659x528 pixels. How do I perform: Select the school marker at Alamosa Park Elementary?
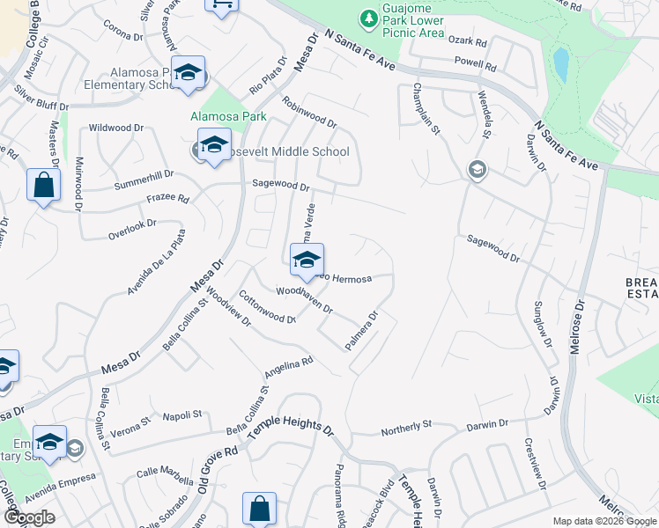(188, 74)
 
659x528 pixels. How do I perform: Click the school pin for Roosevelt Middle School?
(213, 146)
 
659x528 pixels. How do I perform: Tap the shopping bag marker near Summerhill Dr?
(43, 186)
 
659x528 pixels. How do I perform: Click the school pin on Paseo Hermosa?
(307, 260)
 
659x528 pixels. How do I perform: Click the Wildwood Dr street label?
(115, 128)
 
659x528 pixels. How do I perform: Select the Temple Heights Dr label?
(291, 430)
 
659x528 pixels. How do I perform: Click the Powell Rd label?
(470, 63)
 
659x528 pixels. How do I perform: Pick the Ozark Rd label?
(469, 41)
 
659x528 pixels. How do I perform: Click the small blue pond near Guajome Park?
(560, 63)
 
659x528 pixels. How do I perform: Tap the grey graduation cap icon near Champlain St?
(477, 169)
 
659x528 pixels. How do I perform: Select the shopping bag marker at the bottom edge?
(259, 509)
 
